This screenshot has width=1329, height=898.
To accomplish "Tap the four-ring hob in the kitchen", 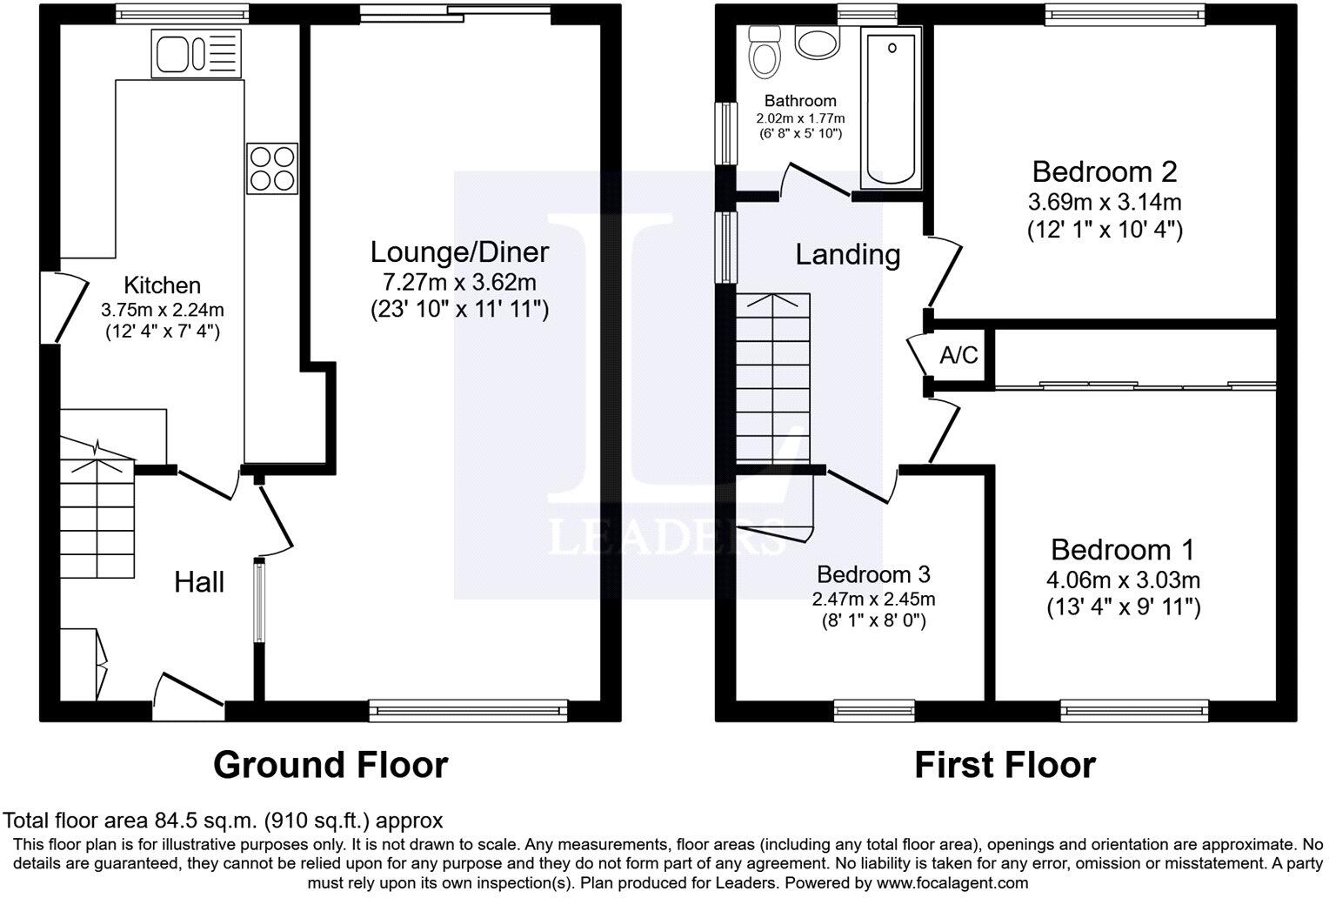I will coord(272,168).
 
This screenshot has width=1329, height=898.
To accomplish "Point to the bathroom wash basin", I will coord(816,44).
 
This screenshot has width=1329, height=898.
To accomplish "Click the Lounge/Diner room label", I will coord(459,252).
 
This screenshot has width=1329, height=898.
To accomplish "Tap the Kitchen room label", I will coord(162,285).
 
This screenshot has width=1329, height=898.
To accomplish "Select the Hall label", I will coord(199,582).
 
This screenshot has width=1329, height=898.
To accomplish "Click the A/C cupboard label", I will coord(958,356).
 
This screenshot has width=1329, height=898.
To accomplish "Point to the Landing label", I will coord(848,254).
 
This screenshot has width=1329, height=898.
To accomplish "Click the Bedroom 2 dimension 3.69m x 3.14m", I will coord(1105,203).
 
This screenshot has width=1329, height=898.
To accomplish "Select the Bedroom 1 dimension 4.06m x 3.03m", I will coord(1123,580).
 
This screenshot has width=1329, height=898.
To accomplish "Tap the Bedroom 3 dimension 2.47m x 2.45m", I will coord(873,599).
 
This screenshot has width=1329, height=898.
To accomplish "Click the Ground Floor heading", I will coord(331,765).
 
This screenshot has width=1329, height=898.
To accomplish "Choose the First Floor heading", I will coord(1005,765).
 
